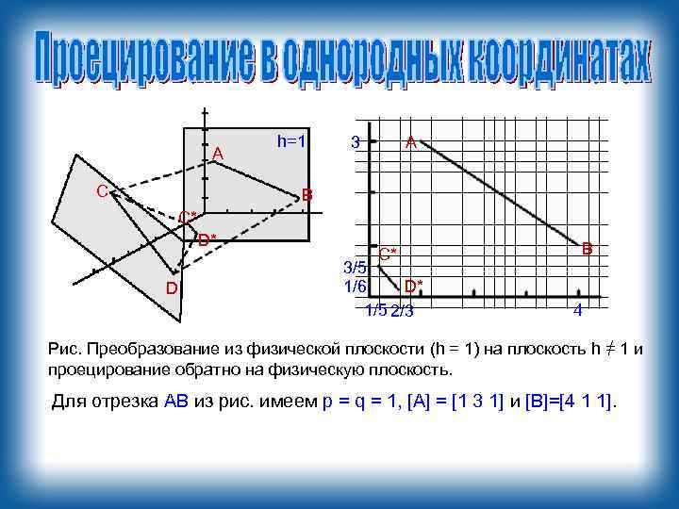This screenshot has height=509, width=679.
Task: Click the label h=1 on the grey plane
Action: tap(291, 140)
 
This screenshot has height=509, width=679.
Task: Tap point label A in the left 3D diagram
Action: tap(218, 153)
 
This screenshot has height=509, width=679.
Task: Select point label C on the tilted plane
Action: tap(102, 191)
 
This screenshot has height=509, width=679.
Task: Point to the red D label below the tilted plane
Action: tap(172, 287)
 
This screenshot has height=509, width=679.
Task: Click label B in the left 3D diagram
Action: tap(306, 196)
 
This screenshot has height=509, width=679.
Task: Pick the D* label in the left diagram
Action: tap(207, 238)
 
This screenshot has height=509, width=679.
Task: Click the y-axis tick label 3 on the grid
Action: tap(354, 142)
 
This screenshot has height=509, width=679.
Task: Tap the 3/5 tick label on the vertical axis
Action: tap(355, 268)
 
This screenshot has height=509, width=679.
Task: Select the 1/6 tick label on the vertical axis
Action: tap(355, 285)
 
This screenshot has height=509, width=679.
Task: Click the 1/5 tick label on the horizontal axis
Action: tap(376, 311)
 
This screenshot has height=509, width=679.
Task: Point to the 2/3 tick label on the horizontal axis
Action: tap(403, 312)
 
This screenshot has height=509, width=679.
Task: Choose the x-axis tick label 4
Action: tap(577, 311)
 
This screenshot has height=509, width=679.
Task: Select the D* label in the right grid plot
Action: tap(413, 285)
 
